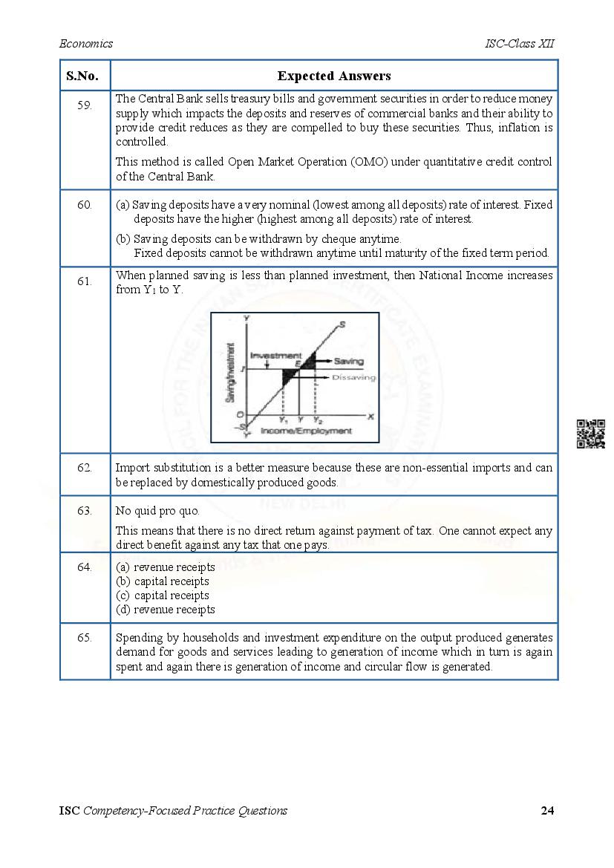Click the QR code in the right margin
[591, 434]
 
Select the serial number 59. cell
[85, 105]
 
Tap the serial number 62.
[85, 468]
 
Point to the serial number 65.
[85, 638]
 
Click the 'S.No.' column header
[85, 76]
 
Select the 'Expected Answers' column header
[334, 76]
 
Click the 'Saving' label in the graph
[348, 362]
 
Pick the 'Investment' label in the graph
[275, 356]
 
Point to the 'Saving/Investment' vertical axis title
[231, 373]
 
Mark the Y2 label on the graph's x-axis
[317, 420]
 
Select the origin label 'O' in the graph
[239, 414]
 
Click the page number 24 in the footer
[547, 811]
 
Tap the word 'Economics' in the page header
[86, 44]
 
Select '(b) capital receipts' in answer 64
[163, 581]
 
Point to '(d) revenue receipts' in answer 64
[166, 610]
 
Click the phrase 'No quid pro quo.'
[157, 511]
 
